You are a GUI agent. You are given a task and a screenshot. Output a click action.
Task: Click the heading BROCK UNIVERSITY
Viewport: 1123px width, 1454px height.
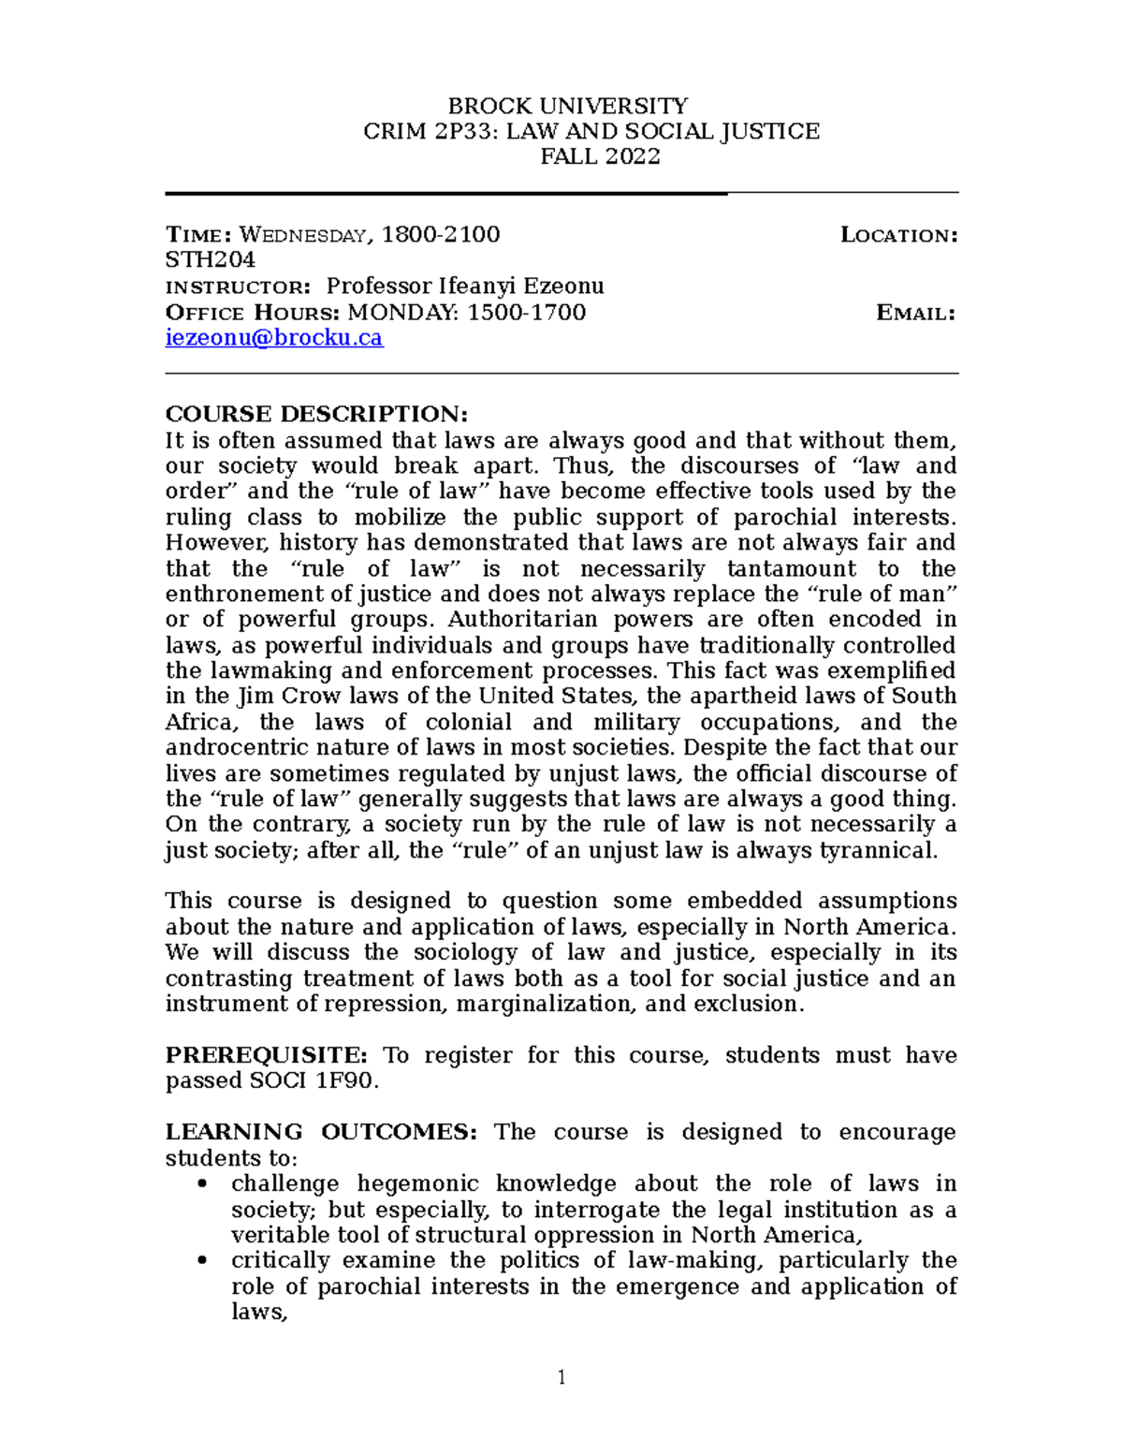click(x=568, y=105)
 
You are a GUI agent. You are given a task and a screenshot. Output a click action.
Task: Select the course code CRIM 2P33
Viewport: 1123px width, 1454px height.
click(x=430, y=131)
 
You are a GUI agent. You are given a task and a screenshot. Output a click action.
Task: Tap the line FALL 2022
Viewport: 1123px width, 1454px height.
click(x=600, y=156)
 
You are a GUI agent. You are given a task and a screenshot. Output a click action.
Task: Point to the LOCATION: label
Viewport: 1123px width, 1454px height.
click(x=898, y=235)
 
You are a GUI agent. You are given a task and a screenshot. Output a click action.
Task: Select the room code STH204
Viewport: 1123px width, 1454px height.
click(x=210, y=259)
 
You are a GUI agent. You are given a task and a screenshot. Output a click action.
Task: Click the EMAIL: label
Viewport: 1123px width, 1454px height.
click(x=914, y=313)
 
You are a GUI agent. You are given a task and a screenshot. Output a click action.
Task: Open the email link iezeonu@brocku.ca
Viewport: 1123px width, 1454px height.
click(x=274, y=338)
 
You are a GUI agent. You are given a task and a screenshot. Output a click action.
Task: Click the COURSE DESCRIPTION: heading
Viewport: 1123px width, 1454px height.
click(x=315, y=414)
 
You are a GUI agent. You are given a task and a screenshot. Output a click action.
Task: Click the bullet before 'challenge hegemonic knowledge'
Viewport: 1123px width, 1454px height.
click(x=202, y=1184)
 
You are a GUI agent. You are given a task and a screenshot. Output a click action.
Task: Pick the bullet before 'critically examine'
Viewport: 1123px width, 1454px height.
click(x=202, y=1261)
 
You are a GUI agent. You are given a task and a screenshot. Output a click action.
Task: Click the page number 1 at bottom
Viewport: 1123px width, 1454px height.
click(x=561, y=1377)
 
